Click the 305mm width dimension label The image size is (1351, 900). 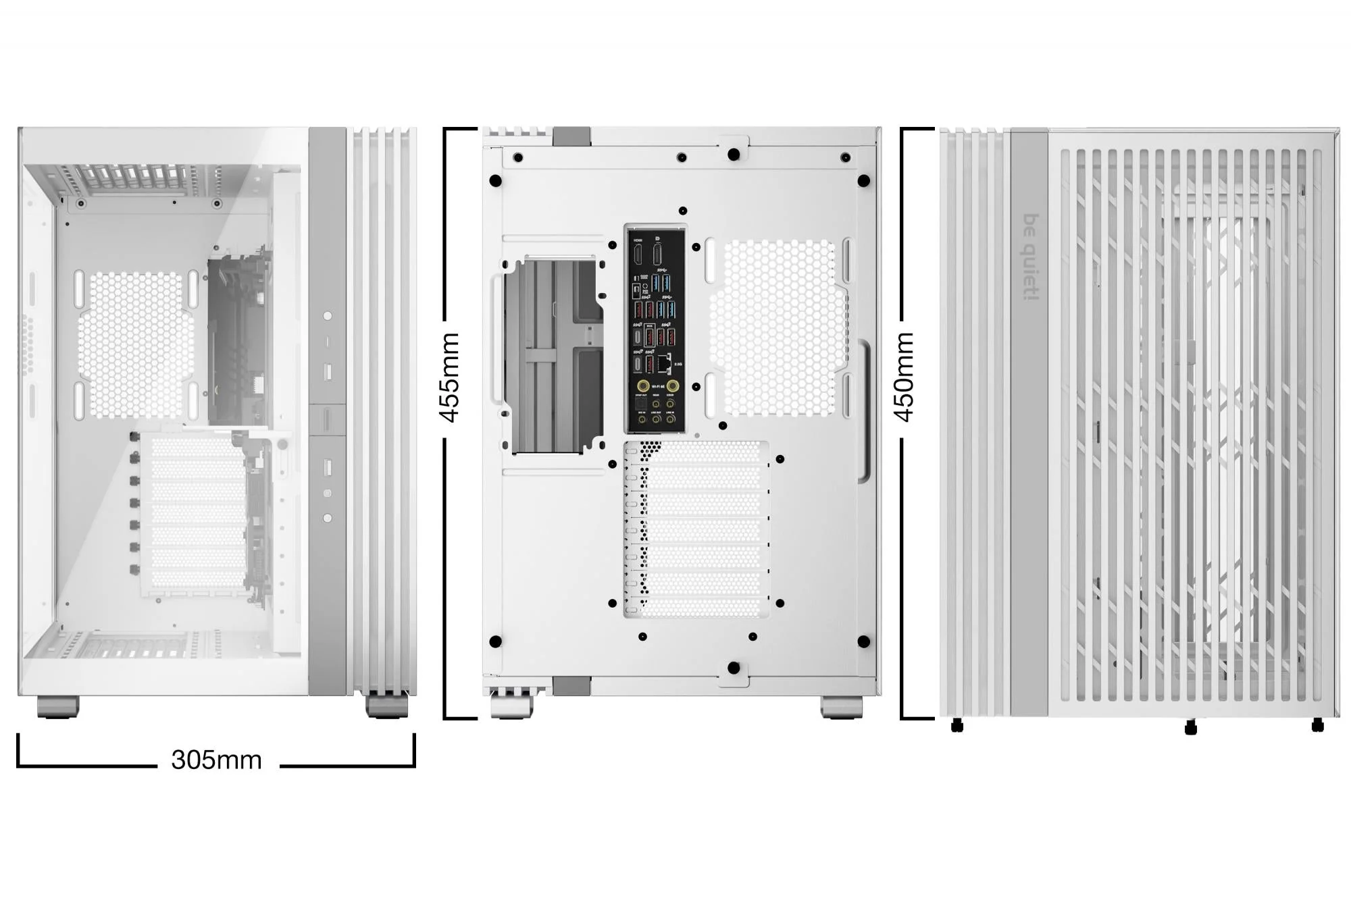point(216,760)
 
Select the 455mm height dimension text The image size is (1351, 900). point(450,377)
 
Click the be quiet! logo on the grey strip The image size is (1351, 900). point(1029,257)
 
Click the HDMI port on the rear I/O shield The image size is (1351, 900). point(638,255)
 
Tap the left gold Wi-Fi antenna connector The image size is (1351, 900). point(643,386)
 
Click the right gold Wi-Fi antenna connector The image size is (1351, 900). point(673,386)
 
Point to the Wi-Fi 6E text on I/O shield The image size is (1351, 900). point(658,387)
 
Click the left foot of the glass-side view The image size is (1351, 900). point(58,706)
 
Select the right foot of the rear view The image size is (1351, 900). point(841,707)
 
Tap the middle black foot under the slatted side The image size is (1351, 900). point(1190,727)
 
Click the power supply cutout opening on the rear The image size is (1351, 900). point(554,354)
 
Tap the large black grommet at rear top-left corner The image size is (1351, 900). point(495,181)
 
